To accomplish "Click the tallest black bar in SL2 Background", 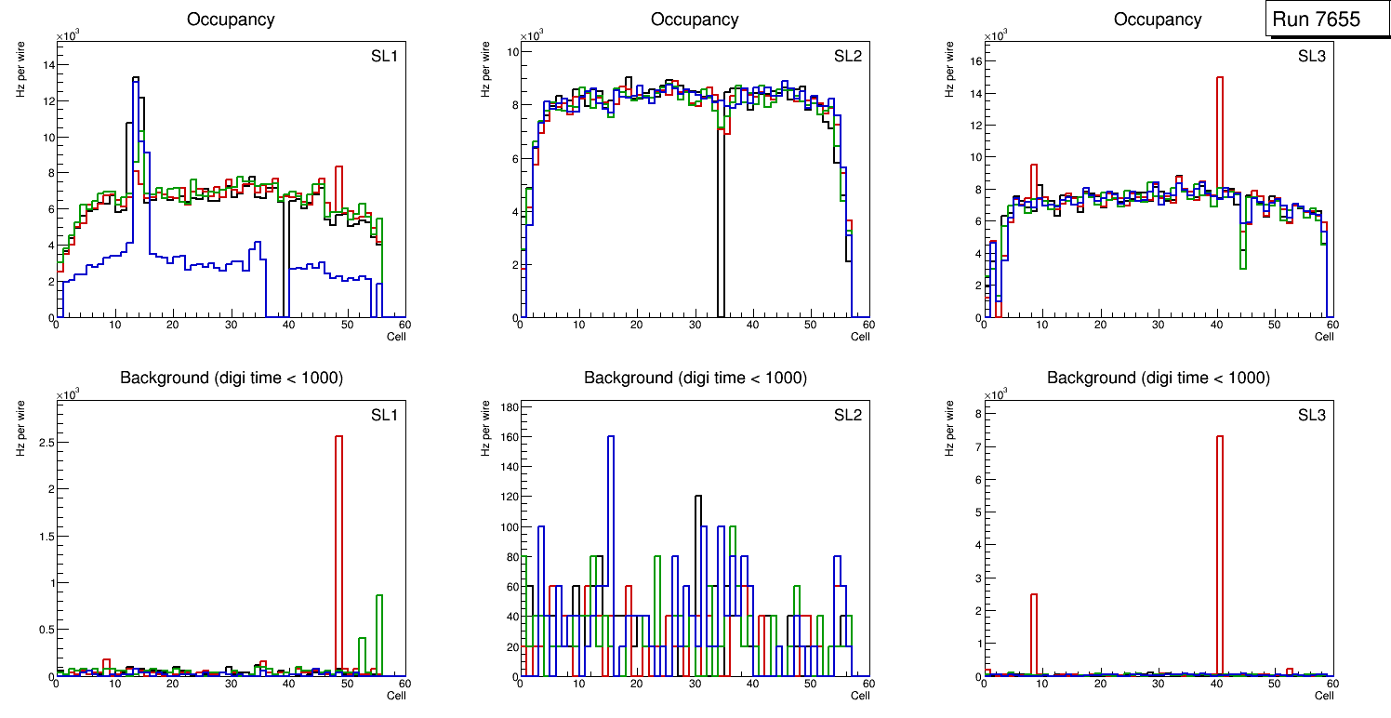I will pyautogui.click(x=698, y=558).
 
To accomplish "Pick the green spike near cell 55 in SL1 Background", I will pyautogui.click(x=379, y=632).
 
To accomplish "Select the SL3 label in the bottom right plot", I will pyautogui.click(x=1312, y=415).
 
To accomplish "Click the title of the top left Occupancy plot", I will pyautogui.click(x=231, y=20).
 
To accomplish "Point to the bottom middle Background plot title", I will pyautogui.click(x=695, y=378).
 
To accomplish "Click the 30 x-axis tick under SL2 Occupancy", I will pyautogui.click(x=695, y=325).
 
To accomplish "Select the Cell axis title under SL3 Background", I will pyautogui.click(x=1324, y=695).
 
